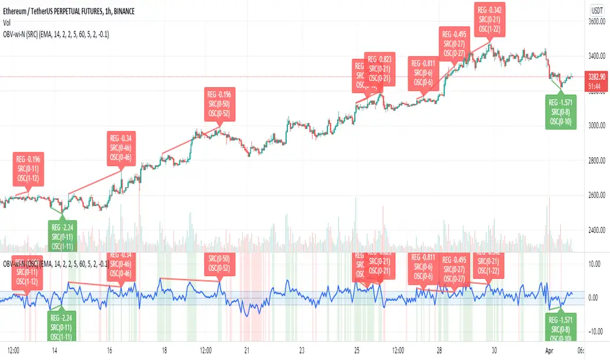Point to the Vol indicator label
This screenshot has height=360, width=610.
pos(9,20)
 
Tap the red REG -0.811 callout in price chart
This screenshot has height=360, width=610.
pos(425,73)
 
